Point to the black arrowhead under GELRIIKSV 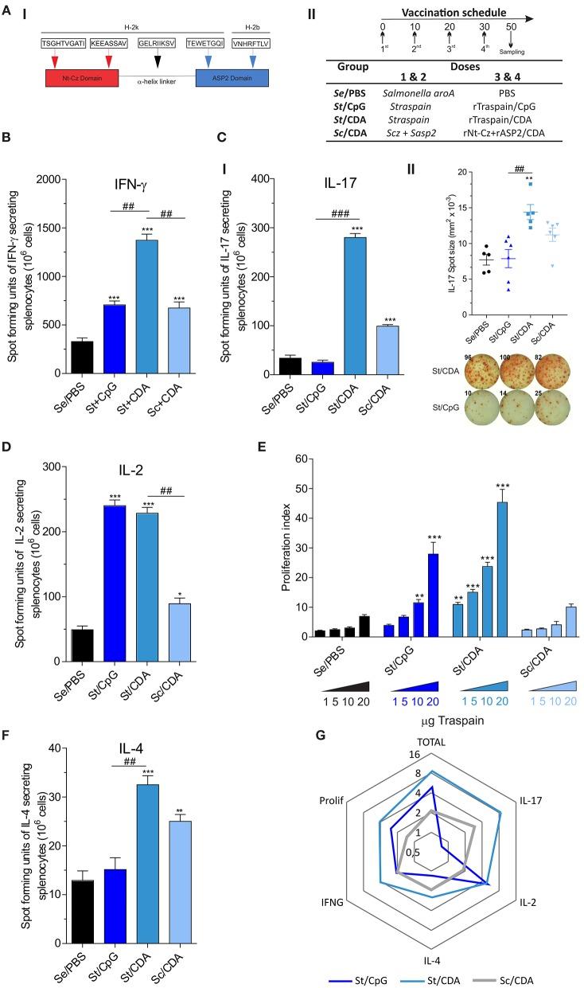(x=159, y=60)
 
